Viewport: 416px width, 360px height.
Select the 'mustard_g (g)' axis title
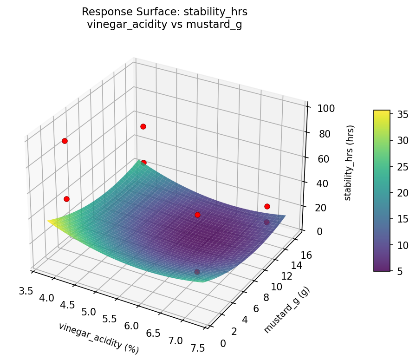click(x=286, y=310)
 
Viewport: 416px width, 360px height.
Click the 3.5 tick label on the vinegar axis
click(x=26, y=291)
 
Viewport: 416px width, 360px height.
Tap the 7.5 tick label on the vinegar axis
click(x=198, y=349)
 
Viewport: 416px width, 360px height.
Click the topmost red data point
click(x=143, y=126)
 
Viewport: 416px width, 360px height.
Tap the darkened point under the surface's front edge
click(x=197, y=272)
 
